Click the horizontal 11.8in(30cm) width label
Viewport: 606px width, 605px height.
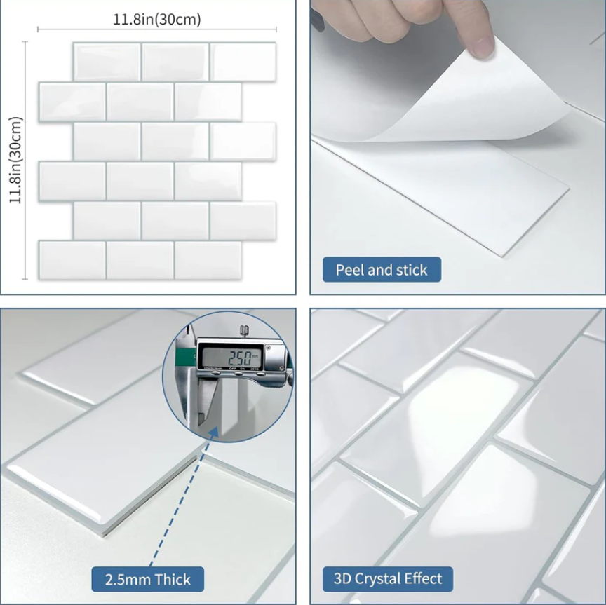157,20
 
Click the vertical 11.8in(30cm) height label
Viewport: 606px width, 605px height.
16,160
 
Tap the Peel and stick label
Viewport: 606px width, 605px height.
381,270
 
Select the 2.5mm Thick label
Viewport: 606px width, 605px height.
148,580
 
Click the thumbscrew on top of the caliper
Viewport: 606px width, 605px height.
243,329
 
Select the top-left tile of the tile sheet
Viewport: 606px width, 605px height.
107,62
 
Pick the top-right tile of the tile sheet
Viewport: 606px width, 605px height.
243,62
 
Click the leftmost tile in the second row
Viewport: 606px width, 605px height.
72,102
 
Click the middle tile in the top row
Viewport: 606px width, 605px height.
175,62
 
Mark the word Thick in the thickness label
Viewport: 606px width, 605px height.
173,580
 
